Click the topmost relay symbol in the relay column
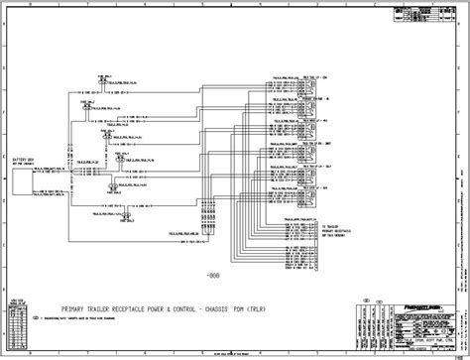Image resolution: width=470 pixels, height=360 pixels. tap(313, 86)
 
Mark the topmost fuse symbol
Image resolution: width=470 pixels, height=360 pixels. tap(103, 77)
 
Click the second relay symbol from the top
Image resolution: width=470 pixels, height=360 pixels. tap(313, 102)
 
